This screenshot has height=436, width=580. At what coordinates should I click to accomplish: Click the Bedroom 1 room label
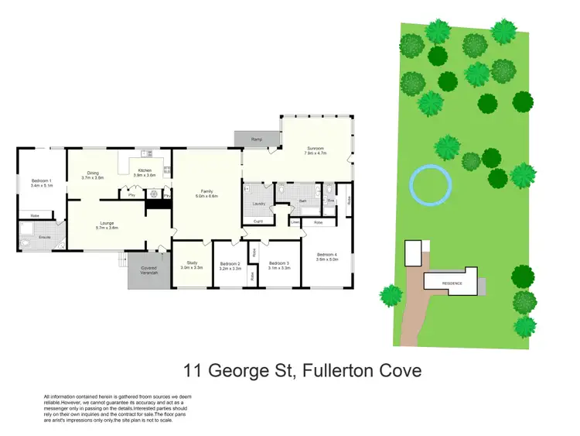[x=40, y=183]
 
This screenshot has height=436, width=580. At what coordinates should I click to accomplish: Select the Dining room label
[x=93, y=174]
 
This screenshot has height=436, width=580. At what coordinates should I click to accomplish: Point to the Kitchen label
[x=145, y=173]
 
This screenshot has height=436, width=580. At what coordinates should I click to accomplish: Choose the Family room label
[x=207, y=194]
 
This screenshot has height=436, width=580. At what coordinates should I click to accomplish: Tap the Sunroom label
[x=316, y=150]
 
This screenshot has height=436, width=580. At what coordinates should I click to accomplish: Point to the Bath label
[x=303, y=200]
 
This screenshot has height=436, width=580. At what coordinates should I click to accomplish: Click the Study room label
[x=191, y=265]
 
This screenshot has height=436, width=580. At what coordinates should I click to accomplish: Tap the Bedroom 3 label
[x=279, y=265]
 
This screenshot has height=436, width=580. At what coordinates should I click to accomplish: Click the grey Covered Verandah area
[x=149, y=271]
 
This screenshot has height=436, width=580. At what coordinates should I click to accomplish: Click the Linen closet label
[x=295, y=222]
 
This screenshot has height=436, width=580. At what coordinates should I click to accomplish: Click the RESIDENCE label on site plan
[x=452, y=283]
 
